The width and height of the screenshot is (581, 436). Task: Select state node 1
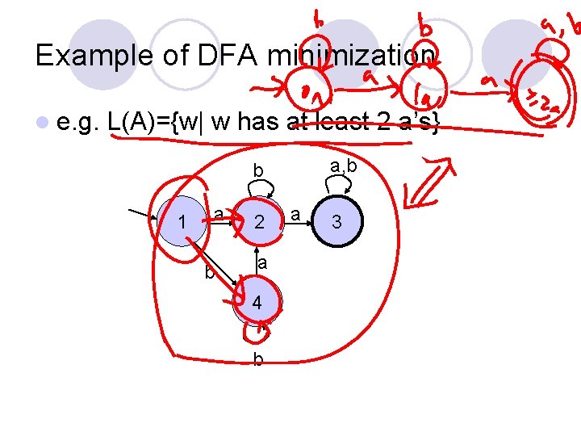click(x=183, y=221)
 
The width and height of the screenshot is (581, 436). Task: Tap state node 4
click(x=256, y=304)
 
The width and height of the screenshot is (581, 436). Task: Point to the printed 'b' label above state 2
click(x=257, y=171)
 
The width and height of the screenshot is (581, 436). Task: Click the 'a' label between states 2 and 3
click(x=296, y=214)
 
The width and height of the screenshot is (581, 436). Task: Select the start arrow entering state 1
click(x=145, y=213)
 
